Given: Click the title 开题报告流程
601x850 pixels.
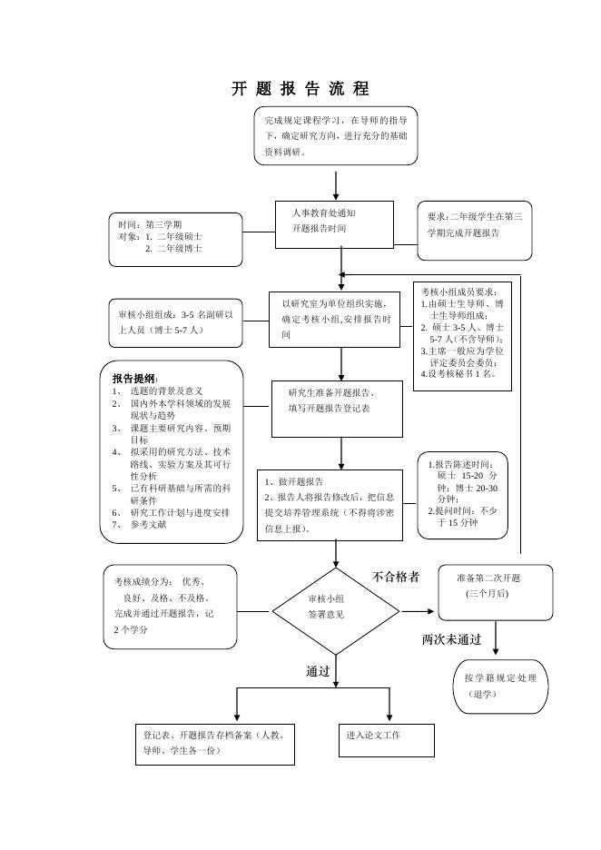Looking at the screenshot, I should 300,89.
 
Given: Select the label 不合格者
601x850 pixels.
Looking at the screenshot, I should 396,577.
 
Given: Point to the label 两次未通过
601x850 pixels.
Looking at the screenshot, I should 451,639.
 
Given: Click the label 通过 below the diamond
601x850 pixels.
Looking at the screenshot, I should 318,671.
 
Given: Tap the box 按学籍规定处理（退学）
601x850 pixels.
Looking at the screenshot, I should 500,686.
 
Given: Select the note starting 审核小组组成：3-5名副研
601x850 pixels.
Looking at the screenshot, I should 176,322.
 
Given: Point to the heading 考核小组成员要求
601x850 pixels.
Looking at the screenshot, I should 459,292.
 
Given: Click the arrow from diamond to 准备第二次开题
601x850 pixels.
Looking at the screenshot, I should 418,611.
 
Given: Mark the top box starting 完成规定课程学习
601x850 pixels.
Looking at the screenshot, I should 336,135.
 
